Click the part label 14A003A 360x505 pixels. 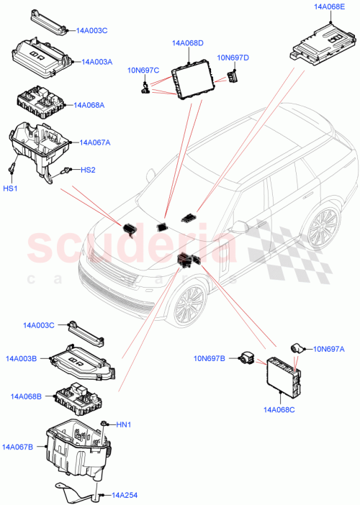click(x=97, y=63)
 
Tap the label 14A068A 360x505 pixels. click(x=89, y=105)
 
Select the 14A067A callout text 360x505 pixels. click(x=96, y=142)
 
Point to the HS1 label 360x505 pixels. click(x=12, y=188)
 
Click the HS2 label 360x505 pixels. click(x=87, y=170)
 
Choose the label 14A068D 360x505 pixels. click(x=188, y=44)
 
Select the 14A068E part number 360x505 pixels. click(x=330, y=6)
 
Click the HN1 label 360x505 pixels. click(x=125, y=424)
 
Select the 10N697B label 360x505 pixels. click(x=210, y=358)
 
